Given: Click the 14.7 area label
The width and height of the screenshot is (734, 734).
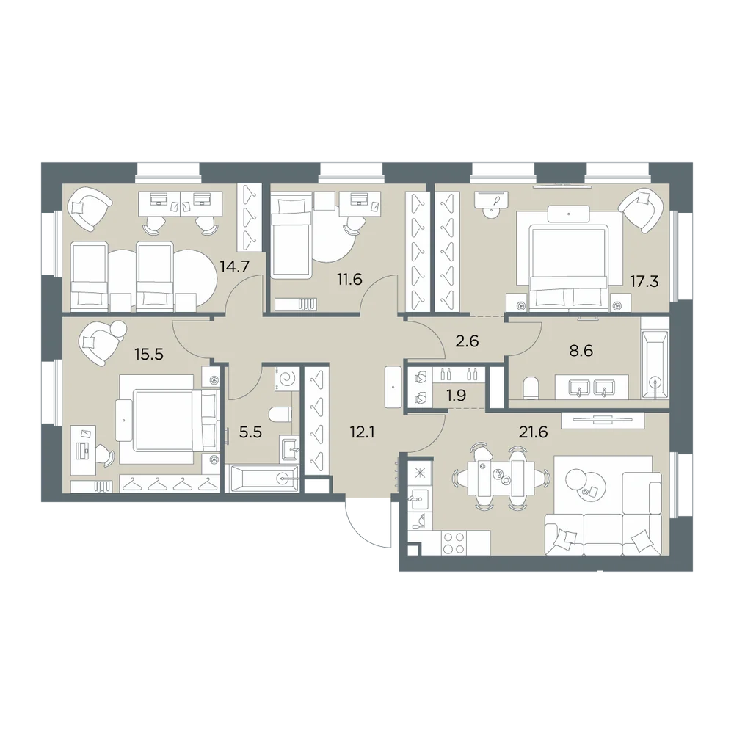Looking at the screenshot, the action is click(235, 267).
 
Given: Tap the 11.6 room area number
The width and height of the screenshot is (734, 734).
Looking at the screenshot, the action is click(349, 280).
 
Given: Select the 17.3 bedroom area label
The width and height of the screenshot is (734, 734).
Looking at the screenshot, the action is click(644, 281).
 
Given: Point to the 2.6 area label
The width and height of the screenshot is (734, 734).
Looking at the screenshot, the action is click(467, 341).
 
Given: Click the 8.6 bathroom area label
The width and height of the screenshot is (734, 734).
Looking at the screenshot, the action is click(581, 350).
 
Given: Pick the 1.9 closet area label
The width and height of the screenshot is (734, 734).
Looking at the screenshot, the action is click(456, 396).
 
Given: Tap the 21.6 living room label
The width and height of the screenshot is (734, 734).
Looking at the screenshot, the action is click(533, 432).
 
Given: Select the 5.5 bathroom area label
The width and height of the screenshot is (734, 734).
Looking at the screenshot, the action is click(250, 432).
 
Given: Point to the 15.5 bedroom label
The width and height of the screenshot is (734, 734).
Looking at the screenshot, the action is click(149, 355).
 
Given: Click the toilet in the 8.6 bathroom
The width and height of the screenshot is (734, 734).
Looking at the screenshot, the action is click(531, 388).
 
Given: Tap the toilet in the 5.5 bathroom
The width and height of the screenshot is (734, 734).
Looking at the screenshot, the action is click(280, 414).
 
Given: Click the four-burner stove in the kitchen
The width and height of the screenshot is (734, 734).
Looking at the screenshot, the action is click(454, 543).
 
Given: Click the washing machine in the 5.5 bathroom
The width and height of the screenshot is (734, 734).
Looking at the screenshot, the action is click(287, 378).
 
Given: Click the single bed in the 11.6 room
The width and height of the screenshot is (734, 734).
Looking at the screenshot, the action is click(291, 238).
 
